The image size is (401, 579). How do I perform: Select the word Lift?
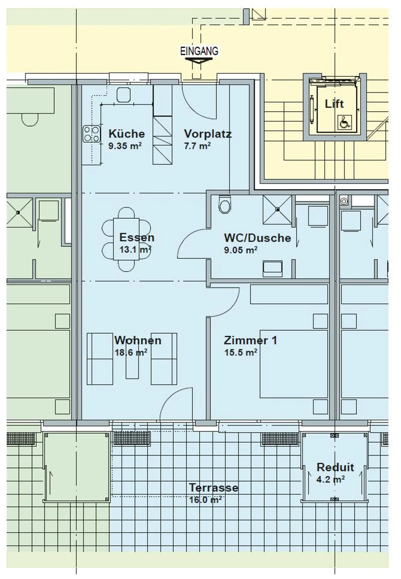[334, 104]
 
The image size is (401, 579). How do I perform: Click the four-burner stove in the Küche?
[92, 134]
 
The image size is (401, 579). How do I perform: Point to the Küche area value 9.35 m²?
[125, 146]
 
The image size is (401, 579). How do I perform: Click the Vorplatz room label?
[208, 134]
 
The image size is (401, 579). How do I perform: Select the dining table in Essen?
[126, 239]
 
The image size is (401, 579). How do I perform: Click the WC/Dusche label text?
[258, 238]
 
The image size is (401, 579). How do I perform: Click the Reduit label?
[335, 467]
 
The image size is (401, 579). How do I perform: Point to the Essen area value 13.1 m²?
[135, 249]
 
